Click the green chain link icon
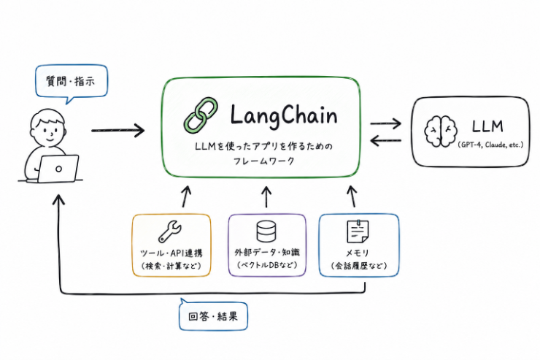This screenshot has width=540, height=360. pos(201,116)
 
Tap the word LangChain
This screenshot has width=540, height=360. pos(283,116)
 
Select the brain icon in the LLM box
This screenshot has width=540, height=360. pos(441,131)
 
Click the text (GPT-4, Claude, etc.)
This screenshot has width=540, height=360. pos(491,145)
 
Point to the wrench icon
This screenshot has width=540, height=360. pos(170,231)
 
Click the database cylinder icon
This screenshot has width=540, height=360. pos(266,231)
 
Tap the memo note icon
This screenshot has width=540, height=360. pos(358,231)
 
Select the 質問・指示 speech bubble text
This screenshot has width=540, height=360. pos(71,82)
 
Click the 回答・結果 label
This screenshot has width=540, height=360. pos(213,316)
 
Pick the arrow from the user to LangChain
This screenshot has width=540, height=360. pos(117,130)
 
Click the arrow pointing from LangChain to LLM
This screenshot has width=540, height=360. pos(386,123)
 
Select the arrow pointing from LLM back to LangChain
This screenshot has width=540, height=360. pos(386,140)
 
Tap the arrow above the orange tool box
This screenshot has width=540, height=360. pos(185,197)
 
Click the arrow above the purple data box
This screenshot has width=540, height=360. pos(266,197)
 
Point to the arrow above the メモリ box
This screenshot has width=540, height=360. pos(352,196)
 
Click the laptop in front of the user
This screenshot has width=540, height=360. pos(58,169)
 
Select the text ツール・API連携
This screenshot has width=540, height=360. pos(171,253)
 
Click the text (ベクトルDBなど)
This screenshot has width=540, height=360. pos(267,265)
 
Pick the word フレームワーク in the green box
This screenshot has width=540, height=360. pos(264,161)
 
